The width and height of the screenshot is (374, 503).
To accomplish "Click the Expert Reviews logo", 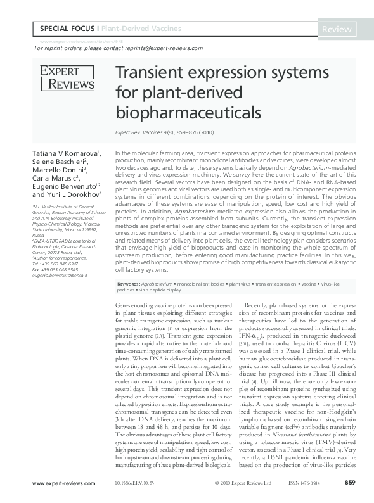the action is pos(67,77).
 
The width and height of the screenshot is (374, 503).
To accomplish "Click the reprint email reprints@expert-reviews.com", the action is pos(163,48).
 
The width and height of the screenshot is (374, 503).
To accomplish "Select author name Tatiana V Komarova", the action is pos(63,154).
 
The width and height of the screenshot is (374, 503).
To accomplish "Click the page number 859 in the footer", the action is pos(349,484).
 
